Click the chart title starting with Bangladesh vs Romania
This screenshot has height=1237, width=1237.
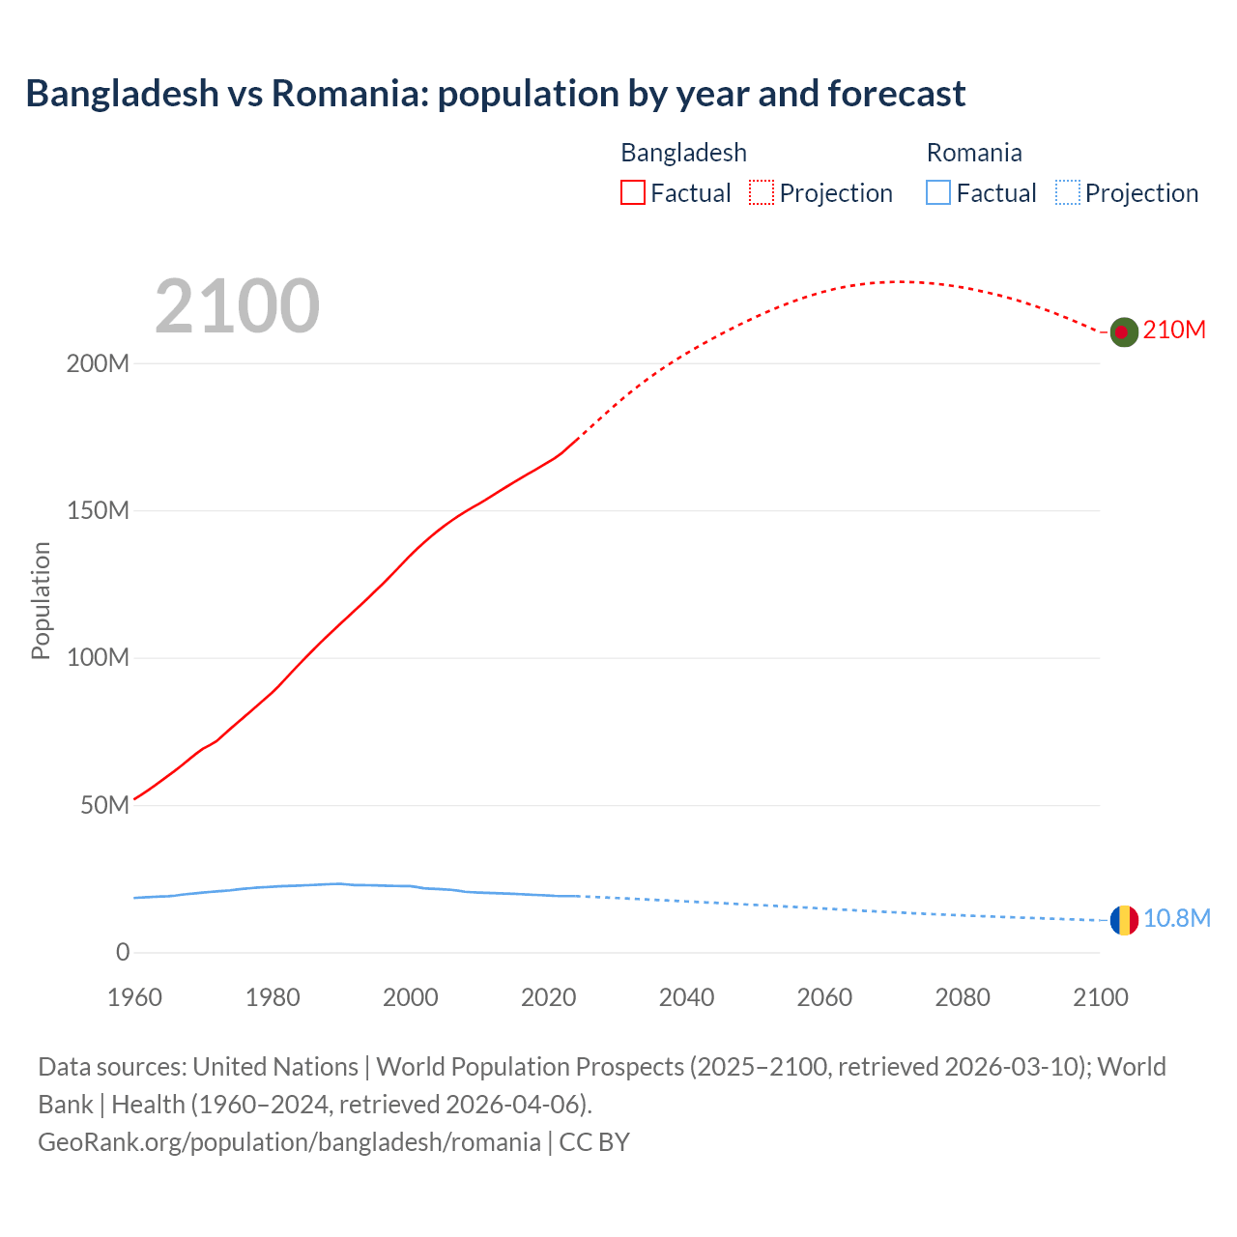[x=495, y=94]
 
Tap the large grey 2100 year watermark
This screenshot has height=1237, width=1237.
[x=237, y=306]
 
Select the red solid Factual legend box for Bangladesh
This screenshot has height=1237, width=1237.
[x=632, y=192]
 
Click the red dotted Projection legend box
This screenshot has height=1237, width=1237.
[x=762, y=192]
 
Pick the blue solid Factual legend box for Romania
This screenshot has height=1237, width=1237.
[x=938, y=192]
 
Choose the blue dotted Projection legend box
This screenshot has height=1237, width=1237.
[x=1068, y=192]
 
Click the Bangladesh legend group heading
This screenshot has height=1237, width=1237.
[x=683, y=153]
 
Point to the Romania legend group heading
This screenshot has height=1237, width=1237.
[x=973, y=153]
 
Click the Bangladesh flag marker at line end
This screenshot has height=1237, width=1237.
[x=1123, y=331]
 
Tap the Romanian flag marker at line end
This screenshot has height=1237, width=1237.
[x=1123, y=920]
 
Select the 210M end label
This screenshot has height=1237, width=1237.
[x=1174, y=331]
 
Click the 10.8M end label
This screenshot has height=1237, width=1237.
[x=1176, y=918]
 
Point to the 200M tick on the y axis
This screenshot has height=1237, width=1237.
[x=98, y=364]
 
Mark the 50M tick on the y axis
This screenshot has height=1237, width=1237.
[x=104, y=806]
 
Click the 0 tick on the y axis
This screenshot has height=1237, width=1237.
[x=123, y=953]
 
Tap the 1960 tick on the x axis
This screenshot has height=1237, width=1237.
[x=134, y=997]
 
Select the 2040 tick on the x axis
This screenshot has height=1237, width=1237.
[x=686, y=997]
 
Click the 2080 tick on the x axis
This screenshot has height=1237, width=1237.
[x=963, y=997]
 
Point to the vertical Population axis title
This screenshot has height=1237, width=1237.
[x=41, y=600]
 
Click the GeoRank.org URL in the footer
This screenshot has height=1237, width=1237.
[x=289, y=1142]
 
